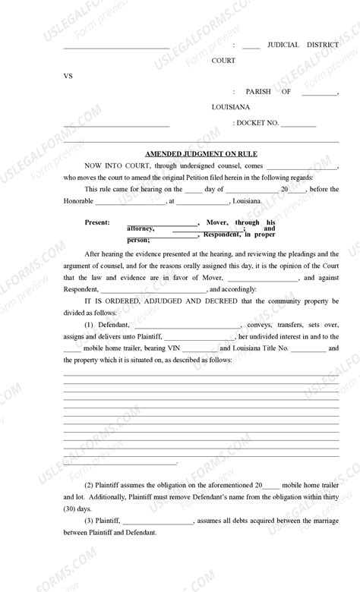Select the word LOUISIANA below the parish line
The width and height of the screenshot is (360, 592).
(x=232, y=108)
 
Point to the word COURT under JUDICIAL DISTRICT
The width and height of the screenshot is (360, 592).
(x=223, y=61)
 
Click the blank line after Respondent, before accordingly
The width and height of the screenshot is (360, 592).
(x=153, y=290)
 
